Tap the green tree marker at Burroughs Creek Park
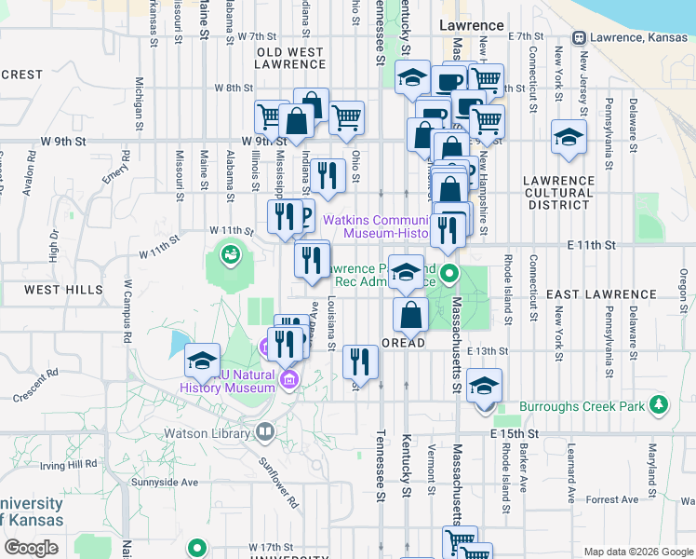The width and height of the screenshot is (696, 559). pyautogui.click(x=660, y=404)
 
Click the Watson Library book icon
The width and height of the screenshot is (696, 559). pyautogui.click(x=265, y=432)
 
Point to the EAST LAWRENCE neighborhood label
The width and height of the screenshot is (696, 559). pyautogui.click(x=600, y=294)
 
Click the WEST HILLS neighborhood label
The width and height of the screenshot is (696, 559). pyautogui.click(x=63, y=290)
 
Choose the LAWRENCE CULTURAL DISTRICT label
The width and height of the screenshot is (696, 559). pyautogui.click(x=557, y=186)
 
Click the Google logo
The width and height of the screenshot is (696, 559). pyautogui.click(x=31, y=547)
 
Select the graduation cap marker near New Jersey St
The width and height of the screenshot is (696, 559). pyautogui.click(x=569, y=138)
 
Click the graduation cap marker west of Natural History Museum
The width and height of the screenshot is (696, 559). pyautogui.click(x=202, y=361)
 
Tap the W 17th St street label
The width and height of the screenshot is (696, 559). pyautogui.click(x=270, y=547)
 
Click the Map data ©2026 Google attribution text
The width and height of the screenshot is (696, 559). pyautogui.click(x=637, y=552)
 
